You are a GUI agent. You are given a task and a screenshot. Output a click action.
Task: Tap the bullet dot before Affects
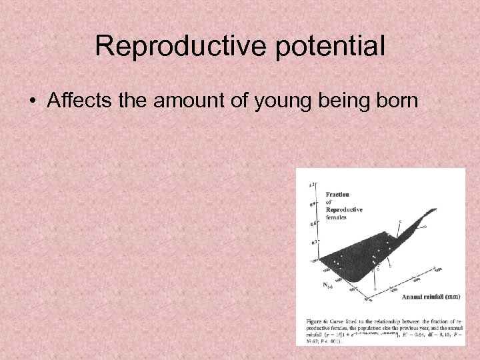(x=33, y=101)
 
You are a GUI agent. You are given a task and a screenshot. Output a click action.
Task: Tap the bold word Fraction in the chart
(x=337, y=195)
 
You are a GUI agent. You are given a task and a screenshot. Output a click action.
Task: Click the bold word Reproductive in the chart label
(x=344, y=209)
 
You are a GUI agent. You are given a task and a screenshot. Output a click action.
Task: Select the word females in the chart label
(x=336, y=217)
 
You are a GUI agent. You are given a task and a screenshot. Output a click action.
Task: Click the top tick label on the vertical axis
(x=311, y=183)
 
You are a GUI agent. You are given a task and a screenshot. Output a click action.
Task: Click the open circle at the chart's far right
(x=425, y=227)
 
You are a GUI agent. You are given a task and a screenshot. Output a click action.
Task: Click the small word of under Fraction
(x=329, y=202)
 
